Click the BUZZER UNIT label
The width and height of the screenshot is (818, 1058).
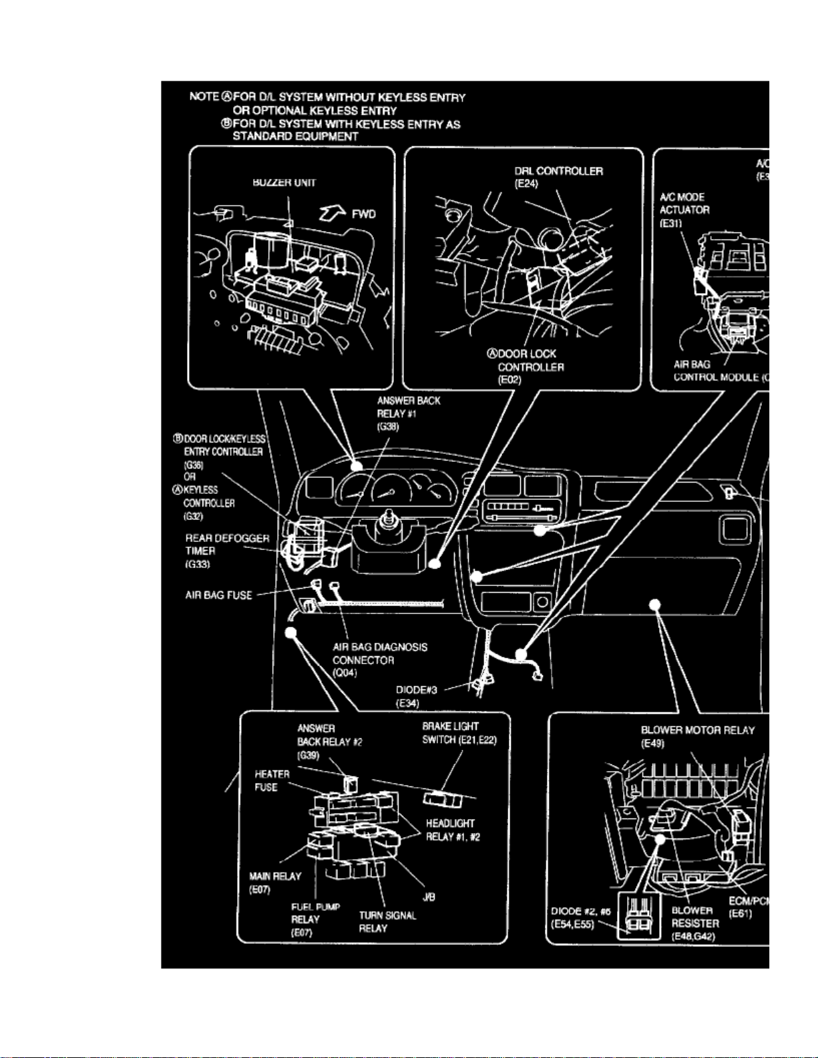[x=284, y=182]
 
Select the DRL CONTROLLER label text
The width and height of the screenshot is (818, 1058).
[x=558, y=172]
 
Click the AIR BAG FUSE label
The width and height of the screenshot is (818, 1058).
[x=218, y=595]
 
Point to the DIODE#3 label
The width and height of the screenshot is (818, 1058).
[x=416, y=690]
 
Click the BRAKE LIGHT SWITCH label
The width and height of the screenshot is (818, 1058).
[x=459, y=733]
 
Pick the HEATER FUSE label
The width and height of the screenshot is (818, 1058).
[x=272, y=780]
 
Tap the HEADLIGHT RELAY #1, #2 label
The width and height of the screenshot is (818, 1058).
[x=453, y=830]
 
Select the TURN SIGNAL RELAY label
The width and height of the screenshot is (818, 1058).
[x=387, y=922]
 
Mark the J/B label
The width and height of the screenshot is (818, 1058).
[x=429, y=897]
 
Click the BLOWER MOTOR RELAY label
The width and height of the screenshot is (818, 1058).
[x=697, y=730]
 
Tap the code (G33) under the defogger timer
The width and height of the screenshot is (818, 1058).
[x=198, y=565]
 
